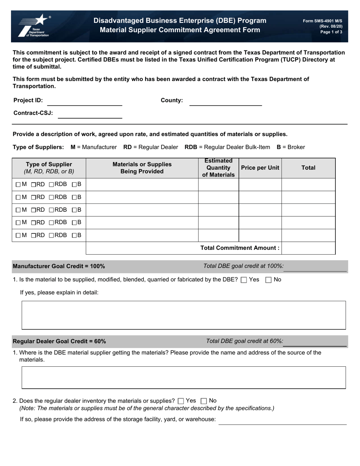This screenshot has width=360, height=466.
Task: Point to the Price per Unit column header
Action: pyautogui.click(x=260, y=168)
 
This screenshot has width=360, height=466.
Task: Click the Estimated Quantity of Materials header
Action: pyautogui.click(x=218, y=168)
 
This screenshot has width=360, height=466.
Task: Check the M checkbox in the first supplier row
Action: pyautogui.click(x=18, y=185)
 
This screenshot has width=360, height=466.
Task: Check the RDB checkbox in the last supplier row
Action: pyautogui.click(x=52, y=236)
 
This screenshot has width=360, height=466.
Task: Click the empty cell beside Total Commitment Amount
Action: pyautogui.click(x=308, y=248)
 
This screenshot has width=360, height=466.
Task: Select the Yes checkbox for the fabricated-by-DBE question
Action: pyautogui.click(x=244, y=280)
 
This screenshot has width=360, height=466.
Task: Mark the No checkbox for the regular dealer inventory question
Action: pyautogui.click(x=203, y=401)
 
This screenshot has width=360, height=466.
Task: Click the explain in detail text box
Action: pyautogui.click(x=183, y=315)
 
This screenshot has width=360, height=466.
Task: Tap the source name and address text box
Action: pyautogui.click(x=183, y=377)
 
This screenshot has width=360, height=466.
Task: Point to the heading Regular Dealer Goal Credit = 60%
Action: pyautogui.click(x=59, y=341)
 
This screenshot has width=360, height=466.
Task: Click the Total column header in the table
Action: pyautogui.click(x=308, y=168)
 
